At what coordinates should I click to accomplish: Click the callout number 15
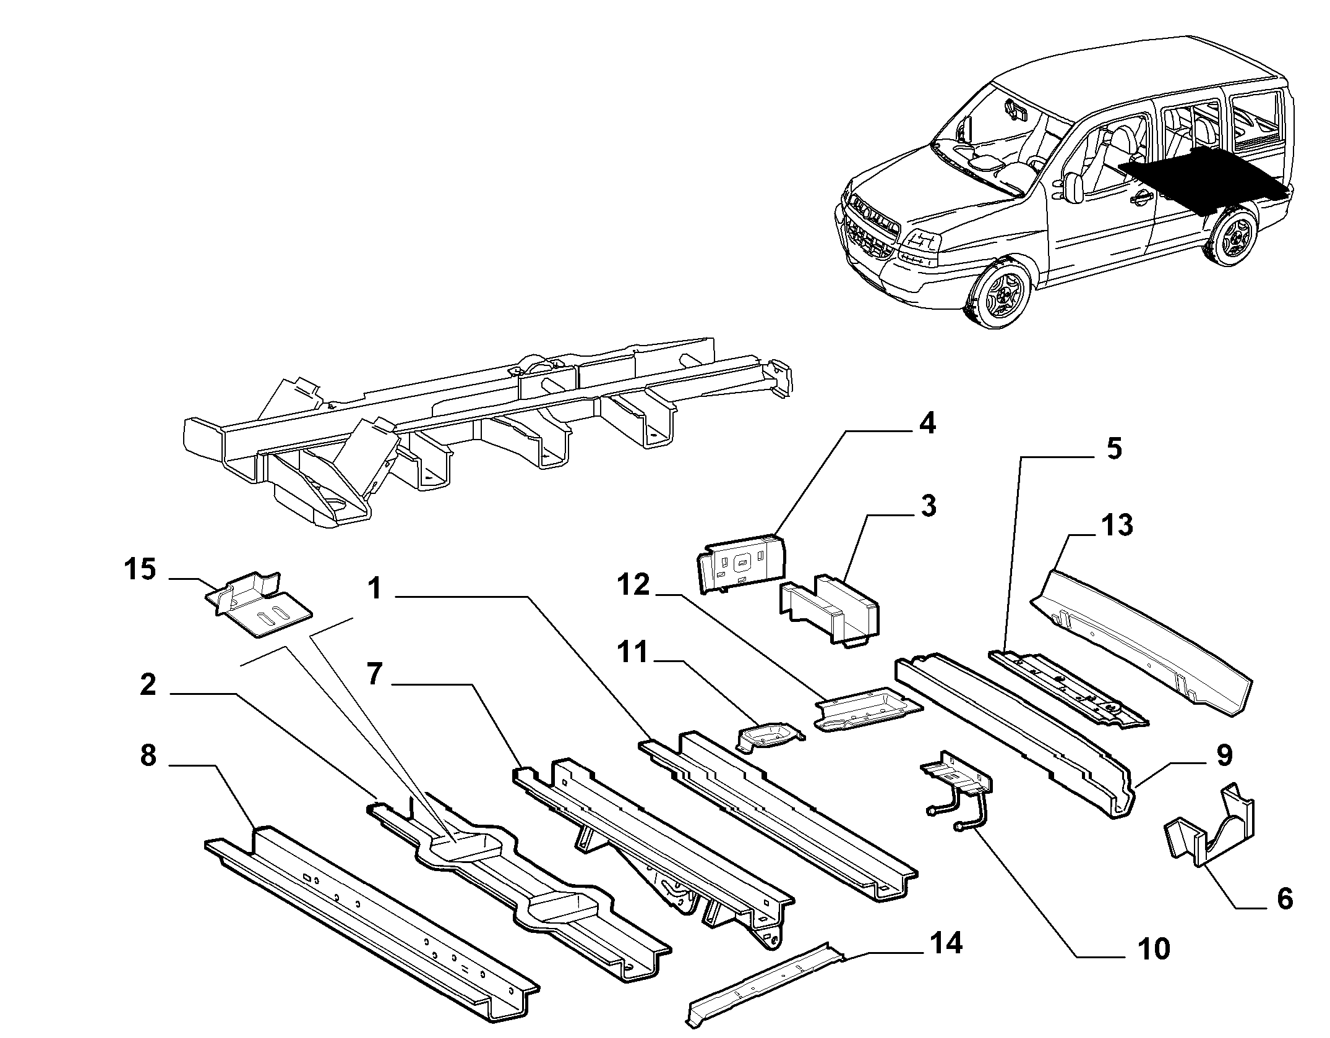point(140,569)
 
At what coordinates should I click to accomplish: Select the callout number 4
point(926,425)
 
